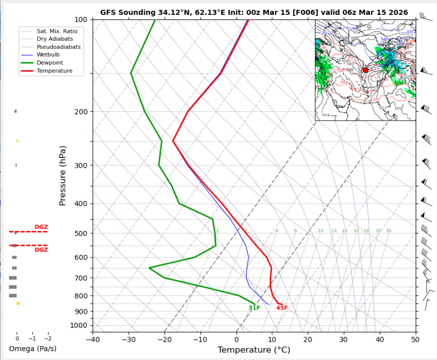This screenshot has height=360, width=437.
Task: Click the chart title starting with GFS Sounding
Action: pyautogui.click(x=254, y=12)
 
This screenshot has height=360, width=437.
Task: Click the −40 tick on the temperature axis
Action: pyautogui.click(x=93, y=340)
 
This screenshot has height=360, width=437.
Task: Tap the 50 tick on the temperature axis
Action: pyautogui.click(x=415, y=340)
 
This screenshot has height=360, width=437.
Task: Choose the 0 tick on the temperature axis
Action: pyautogui.click(x=236, y=340)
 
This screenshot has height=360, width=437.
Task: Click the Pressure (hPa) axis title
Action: pyautogui.click(x=62, y=176)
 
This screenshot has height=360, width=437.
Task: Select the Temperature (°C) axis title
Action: pyautogui.click(x=253, y=350)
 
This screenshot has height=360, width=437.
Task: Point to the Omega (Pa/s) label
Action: pyautogui.click(x=33, y=349)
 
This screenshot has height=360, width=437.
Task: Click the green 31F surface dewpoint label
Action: pyautogui.click(x=254, y=308)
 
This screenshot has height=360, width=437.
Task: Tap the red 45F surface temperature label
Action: pyautogui.click(x=282, y=308)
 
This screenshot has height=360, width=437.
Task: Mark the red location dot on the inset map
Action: pyautogui.click(x=366, y=71)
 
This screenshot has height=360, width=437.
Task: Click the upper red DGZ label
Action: pyautogui.click(x=41, y=227)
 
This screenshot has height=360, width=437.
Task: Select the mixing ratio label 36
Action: pyautogui.click(x=388, y=231)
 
